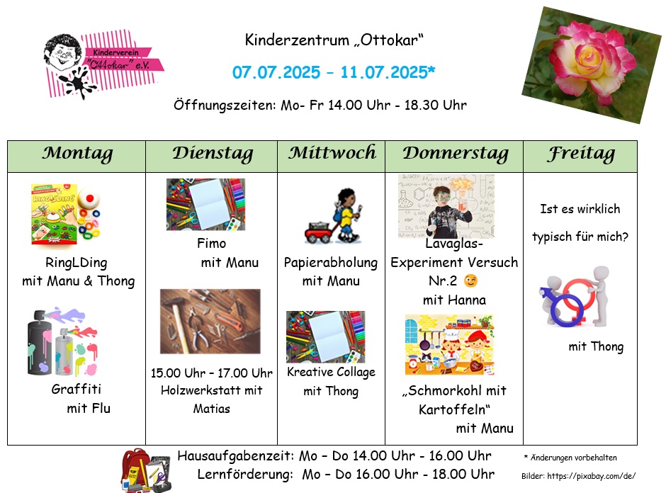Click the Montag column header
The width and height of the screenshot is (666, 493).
point(77,154)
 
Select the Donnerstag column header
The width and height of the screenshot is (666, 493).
point(456,154)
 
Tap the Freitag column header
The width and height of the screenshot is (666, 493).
point(581,154)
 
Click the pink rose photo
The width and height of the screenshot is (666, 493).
point(591,64)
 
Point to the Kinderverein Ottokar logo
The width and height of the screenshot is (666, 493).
point(103,64)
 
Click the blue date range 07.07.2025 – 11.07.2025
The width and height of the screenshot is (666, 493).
point(334,72)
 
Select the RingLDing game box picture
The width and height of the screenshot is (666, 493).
point(66,215)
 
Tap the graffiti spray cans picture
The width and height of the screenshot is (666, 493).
point(62,342)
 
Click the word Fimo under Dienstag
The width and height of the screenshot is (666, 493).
point(212,244)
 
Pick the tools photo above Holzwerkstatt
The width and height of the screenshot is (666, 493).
point(210,322)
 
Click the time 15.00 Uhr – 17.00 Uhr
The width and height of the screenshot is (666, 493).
point(212,373)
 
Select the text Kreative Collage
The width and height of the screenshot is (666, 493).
point(332,372)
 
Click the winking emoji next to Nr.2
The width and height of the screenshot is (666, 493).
point(470,280)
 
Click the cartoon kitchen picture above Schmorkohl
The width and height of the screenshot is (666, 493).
point(449,345)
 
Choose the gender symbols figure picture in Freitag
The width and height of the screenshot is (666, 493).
point(575,296)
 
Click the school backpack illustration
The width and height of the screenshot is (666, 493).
point(146,470)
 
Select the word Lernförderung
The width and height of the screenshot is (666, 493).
point(245,475)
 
